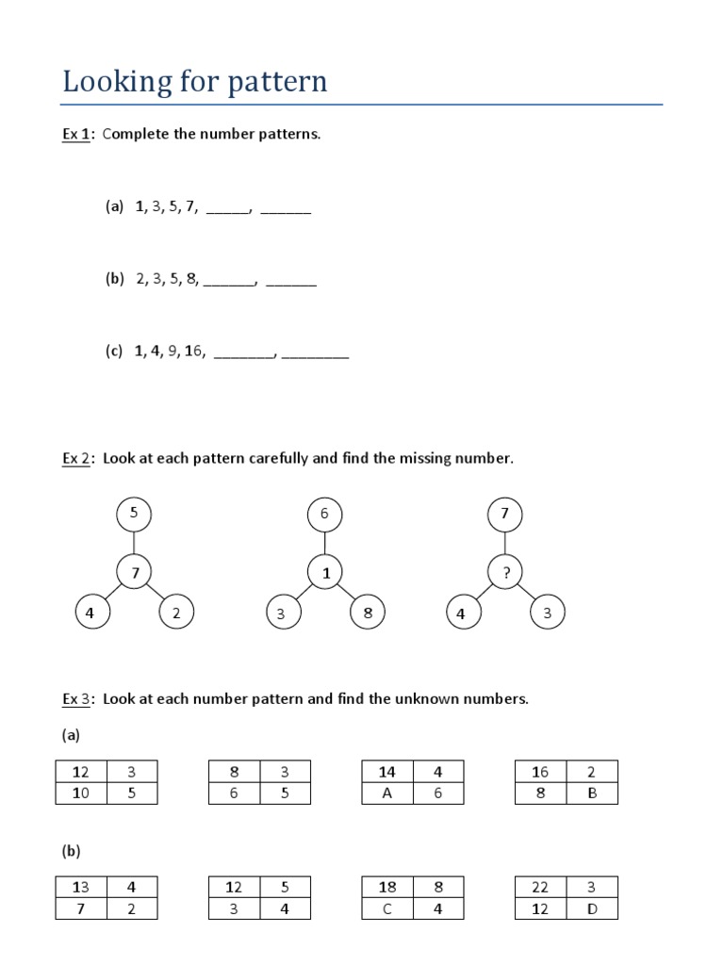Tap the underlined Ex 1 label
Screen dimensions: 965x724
[75, 134]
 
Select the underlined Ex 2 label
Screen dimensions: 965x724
[75, 459]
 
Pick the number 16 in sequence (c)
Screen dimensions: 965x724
[194, 352]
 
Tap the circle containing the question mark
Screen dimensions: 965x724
[505, 572]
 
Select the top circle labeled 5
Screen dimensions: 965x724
[134, 514]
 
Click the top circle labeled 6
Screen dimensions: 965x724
[324, 514]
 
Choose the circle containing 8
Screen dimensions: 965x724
[368, 613]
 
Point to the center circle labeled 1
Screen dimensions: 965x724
[324, 572]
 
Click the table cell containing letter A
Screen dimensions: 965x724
[387, 793]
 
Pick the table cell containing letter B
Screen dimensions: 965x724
[592, 793]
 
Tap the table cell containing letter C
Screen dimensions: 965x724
[387, 909]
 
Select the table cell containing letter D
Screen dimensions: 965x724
[592, 909]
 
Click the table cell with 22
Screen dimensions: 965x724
[541, 887]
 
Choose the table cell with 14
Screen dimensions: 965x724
[387, 772]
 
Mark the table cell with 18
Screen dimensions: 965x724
[387, 887]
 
